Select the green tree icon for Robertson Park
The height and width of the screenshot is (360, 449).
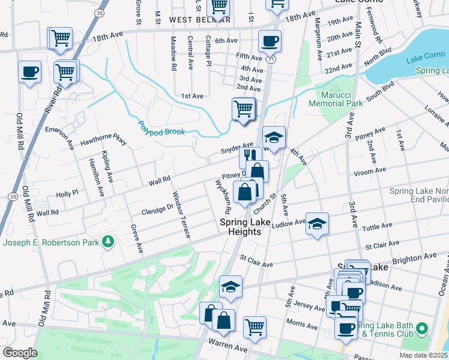[109, 241]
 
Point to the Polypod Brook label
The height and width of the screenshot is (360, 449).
[161, 128]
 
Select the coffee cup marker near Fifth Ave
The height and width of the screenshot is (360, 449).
[269, 41]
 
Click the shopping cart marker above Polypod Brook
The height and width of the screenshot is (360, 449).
[243, 109]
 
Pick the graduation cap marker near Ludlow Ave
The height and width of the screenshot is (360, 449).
[317, 224]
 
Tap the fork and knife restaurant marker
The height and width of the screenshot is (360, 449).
[249, 157]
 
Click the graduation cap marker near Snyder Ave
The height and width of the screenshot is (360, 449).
[274, 137]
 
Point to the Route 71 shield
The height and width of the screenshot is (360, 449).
[273, 60]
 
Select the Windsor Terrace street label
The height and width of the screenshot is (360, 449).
[181, 214]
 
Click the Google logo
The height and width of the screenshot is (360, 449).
[20, 353]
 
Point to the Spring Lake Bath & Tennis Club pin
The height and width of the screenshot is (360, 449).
[422, 329]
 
